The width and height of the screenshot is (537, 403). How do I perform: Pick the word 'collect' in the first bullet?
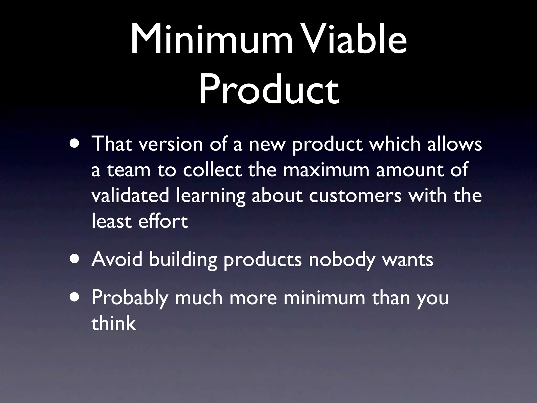[x=212, y=170]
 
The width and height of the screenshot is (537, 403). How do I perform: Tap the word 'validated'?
[x=130, y=196]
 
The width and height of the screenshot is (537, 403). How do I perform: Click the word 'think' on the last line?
[x=114, y=323]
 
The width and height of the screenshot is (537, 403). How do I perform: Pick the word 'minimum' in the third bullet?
[x=324, y=298]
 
